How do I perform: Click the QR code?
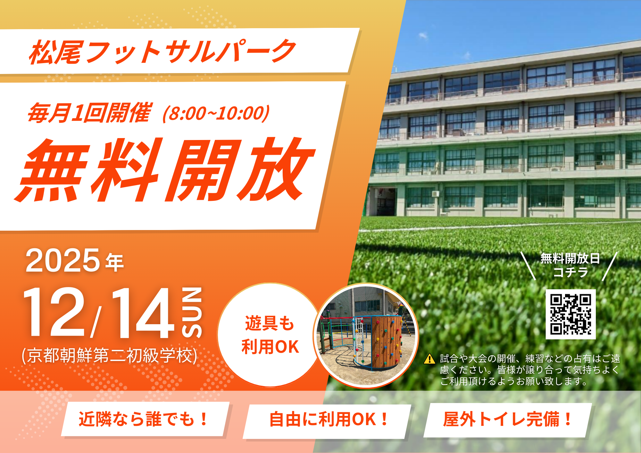click(570, 314)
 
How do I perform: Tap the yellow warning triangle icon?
click(429, 359)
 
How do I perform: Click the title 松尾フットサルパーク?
click(162, 52)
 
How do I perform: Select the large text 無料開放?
click(165, 170)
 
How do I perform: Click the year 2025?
click(63, 260)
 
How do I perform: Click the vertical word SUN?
click(192, 312)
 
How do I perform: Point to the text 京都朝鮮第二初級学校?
click(109, 356)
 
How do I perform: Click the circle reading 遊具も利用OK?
click(270, 335)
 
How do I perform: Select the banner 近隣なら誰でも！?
click(144, 419)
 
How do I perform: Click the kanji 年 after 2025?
click(114, 263)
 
